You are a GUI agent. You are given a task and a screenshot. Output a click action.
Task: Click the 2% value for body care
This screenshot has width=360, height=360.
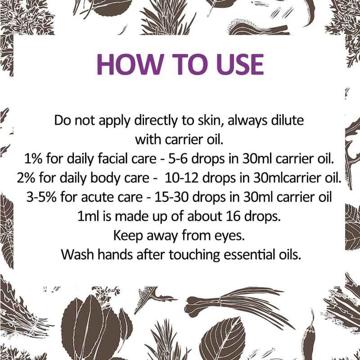[x=27, y=178]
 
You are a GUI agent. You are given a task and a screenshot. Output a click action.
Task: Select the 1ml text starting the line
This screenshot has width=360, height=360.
[x=88, y=216]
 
